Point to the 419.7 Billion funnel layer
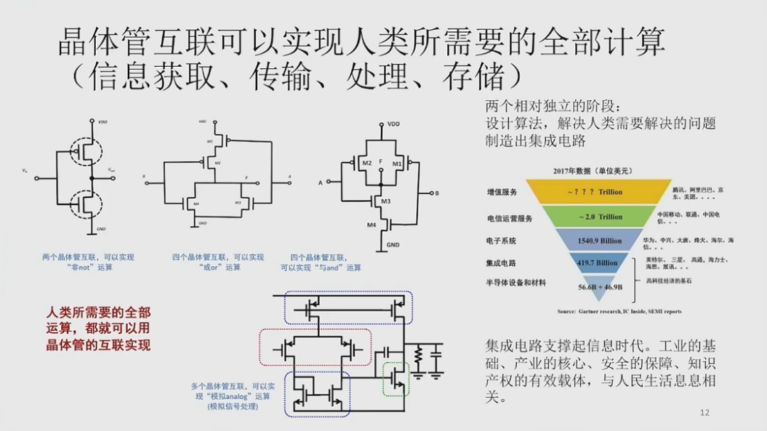[597, 263]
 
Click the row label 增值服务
[501, 192]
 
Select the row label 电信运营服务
[509, 218]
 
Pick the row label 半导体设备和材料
[516, 283]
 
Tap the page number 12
[705, 413]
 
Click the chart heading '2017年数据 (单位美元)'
[592, 170]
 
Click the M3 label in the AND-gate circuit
[386, 202]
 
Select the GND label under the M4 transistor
[393, 246]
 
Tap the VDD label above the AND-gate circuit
[393, 124]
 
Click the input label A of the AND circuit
[320, 183]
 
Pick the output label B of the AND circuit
[437, 193]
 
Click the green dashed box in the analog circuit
[396, 378]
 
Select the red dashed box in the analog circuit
[315, 347]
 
